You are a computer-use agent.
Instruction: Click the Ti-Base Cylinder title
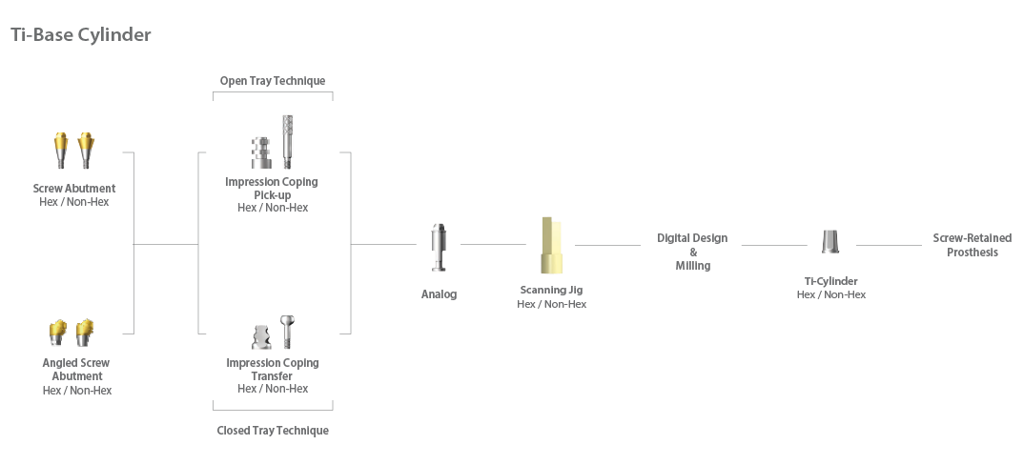pos(81,35)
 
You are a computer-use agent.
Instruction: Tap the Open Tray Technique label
pos(273,81)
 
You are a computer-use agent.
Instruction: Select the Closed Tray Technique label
pos(273,431)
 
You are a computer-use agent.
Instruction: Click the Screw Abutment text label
pos(74,189)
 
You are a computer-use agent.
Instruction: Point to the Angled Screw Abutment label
pos(76,370)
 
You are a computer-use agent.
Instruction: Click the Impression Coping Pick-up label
pos(272,188)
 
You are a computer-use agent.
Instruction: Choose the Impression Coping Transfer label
pos(273,370)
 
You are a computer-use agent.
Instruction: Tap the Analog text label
pos(439,294)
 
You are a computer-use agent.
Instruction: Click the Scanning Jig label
pos(551,290)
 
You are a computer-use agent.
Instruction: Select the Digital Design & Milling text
pos(692,252)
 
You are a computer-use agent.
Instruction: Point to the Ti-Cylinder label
pos(830,281)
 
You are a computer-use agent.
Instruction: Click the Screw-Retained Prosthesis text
pos(972,245)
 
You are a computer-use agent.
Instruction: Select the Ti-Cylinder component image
pos(830,242)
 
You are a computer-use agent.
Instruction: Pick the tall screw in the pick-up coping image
pos(287,141)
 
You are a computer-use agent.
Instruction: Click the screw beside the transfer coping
pos(286,331)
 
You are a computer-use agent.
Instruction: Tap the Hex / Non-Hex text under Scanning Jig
pos(551,304)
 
